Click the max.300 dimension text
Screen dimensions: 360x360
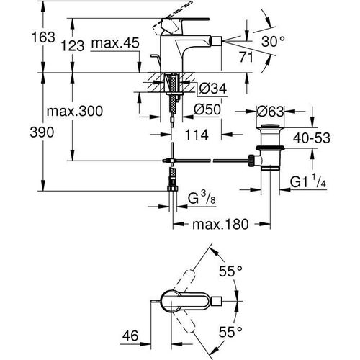(x=72, y=112)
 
